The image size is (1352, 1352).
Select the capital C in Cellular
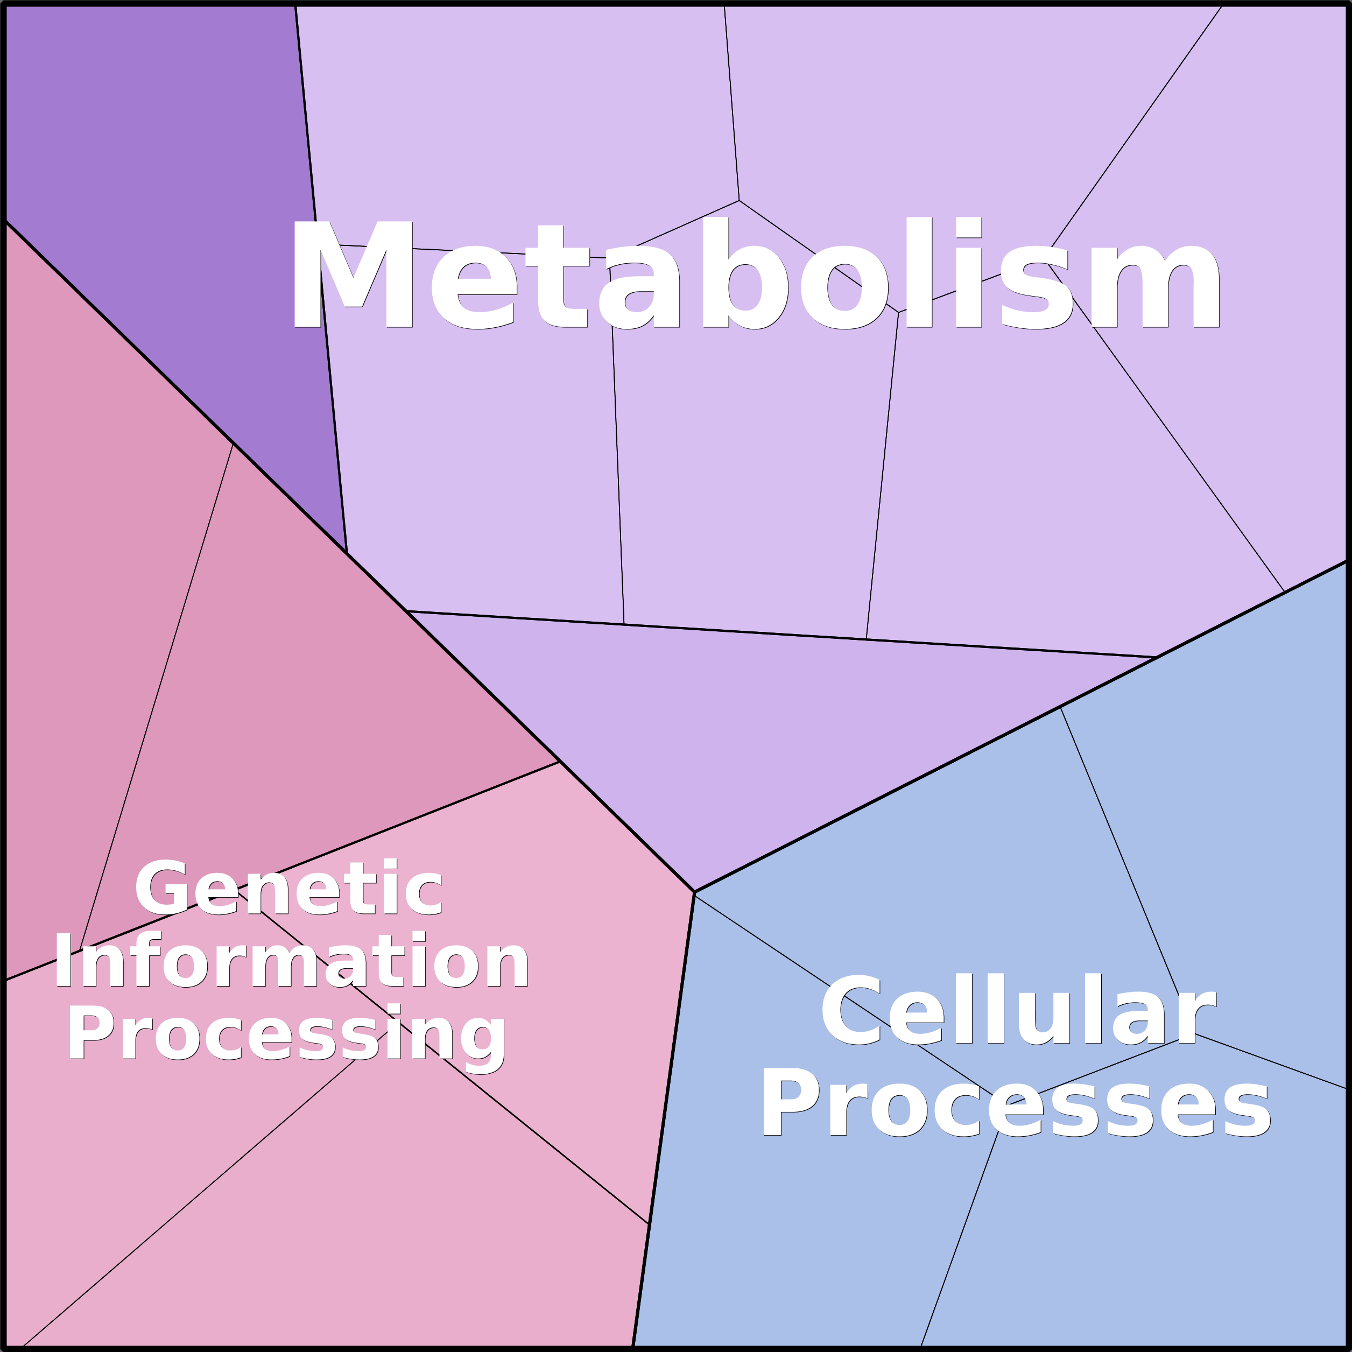point(853,1010)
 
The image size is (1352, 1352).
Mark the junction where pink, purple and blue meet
point(694,892)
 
